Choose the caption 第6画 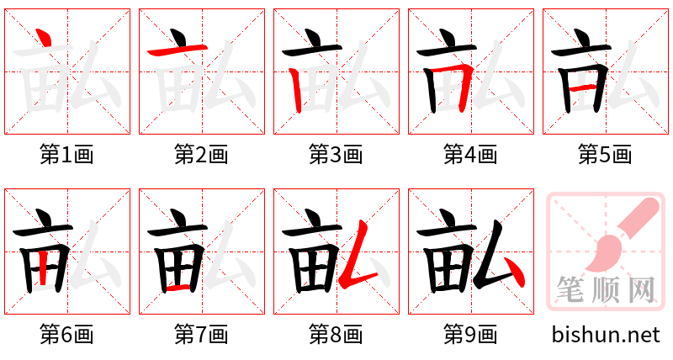point(67,335)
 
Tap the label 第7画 point(202,335)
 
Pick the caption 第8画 point(336,335)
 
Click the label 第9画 point(471,335)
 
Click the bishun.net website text point(606,335)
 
